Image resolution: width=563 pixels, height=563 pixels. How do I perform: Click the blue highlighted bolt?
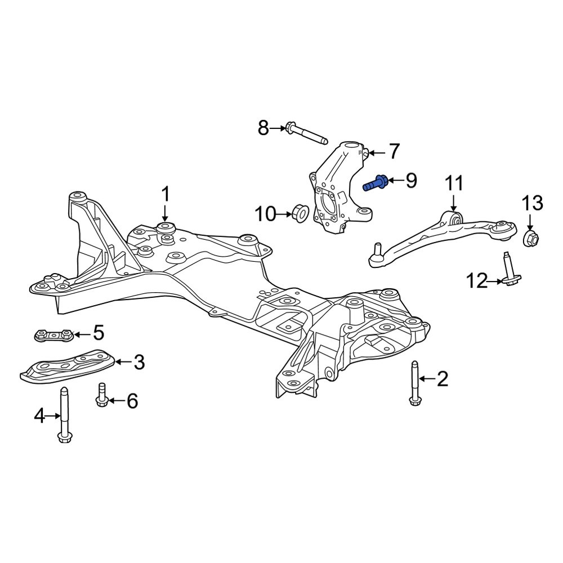(x=375, y=183)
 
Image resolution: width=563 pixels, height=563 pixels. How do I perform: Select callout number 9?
(x=411, y=180)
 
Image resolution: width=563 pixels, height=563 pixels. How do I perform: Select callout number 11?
(x=454, y=184)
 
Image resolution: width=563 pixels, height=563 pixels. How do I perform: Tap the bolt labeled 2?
(x=415, y=383)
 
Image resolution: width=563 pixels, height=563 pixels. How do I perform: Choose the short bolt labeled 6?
(x=101, y=396)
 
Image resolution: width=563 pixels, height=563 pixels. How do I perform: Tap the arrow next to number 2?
(x=427, y=378)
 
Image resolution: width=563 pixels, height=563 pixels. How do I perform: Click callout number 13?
(x=532, y=204)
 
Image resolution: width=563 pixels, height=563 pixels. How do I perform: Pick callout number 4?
(x=39, y=417)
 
